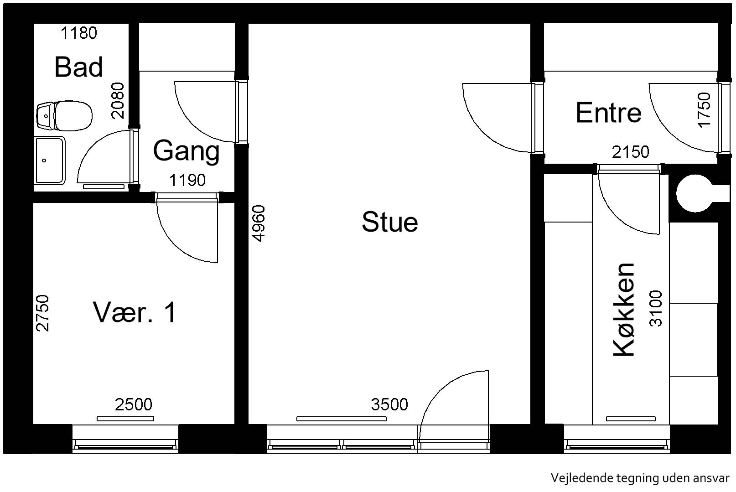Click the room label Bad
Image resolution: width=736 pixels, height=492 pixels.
(x=78, y=67)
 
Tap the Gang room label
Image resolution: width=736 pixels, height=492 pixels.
(x=187, y=151)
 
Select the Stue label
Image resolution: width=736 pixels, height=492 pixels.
(x=390, y=222)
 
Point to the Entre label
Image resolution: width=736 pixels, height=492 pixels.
(x=608, y=113)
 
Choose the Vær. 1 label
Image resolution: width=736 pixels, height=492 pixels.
(x=135, y=312)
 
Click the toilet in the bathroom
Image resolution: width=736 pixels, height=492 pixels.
(x=64, y=116)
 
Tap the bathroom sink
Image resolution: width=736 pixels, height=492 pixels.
(x=50, y=161)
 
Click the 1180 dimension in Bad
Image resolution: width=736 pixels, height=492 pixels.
(x=79, y=33)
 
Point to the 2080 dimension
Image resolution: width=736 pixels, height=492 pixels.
(x=118, y=101)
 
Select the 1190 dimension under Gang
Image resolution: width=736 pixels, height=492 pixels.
(x=187, y=180)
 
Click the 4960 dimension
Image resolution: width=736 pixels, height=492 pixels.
(x=259, y=223)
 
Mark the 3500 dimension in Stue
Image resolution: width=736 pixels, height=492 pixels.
(x=389, y=404)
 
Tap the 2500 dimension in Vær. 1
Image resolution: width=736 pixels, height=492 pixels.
(x=134, y=404)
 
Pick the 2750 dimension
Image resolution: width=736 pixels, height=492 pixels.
(x=43, y=313)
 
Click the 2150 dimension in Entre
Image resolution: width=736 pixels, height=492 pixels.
(x=631, y=152)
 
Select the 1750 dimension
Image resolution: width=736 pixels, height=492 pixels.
(x=704, y=110)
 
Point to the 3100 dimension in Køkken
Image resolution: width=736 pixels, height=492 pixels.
(x=656, y=309)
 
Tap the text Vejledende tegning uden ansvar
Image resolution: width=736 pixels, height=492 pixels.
(x=640, y=478)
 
